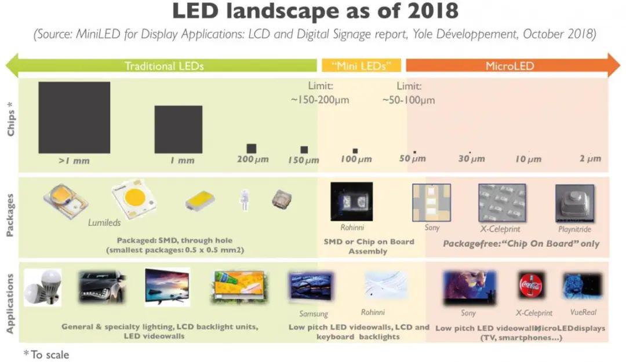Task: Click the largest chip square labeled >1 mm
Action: point(74,118)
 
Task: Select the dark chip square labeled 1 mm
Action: point(178,129)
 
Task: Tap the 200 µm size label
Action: point(253,159)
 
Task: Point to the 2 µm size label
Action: point(590,159)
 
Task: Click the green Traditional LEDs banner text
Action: point(164,65)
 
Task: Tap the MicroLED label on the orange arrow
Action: point(509,65)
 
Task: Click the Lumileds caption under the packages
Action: point(104,222)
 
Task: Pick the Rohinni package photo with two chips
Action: point(351,201)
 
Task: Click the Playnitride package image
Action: point(574,203)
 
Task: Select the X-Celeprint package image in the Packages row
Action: point(502,203)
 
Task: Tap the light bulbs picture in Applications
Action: point(42,287)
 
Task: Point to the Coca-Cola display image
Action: point(530,286)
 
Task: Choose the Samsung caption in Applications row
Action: point(314,314)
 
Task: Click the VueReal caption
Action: point(583,312)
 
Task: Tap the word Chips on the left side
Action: point(11,122)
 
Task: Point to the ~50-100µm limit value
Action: point(409,100)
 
